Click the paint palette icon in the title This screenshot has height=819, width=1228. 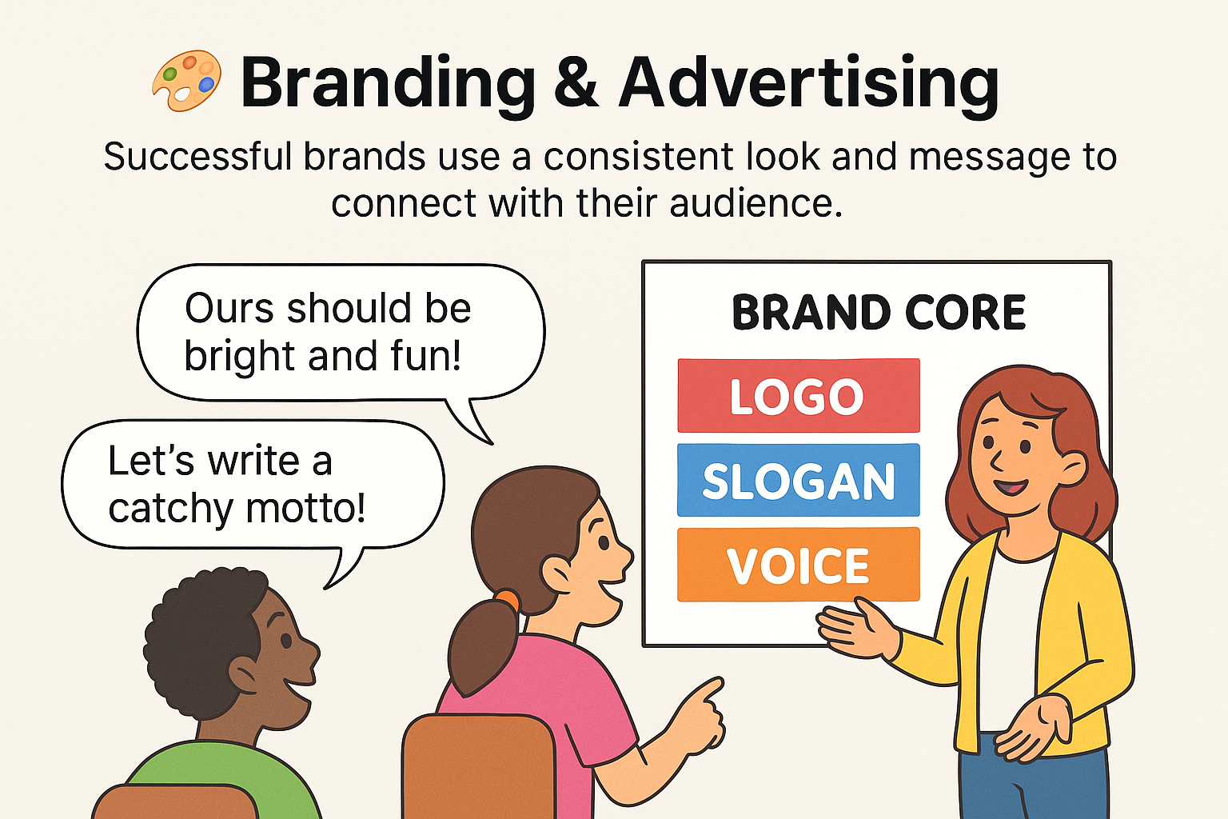(x=186, y=80)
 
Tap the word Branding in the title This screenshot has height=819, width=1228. (x=388, y=83)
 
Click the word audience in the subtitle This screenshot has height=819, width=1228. (x=756, y=203)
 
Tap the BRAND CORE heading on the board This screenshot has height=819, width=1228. (x=879, y=312)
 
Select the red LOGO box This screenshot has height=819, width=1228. (x=798, y=396)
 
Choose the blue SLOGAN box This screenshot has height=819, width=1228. (x=798, y=481)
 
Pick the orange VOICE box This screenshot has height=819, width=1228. (x=798, y=565)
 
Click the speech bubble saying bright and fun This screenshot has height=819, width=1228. (x=340, y=332)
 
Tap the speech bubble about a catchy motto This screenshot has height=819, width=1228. (x=252, y=484)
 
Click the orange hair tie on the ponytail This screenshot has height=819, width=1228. (x=505, y=599)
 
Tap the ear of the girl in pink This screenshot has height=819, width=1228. (x=557, y=573)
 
